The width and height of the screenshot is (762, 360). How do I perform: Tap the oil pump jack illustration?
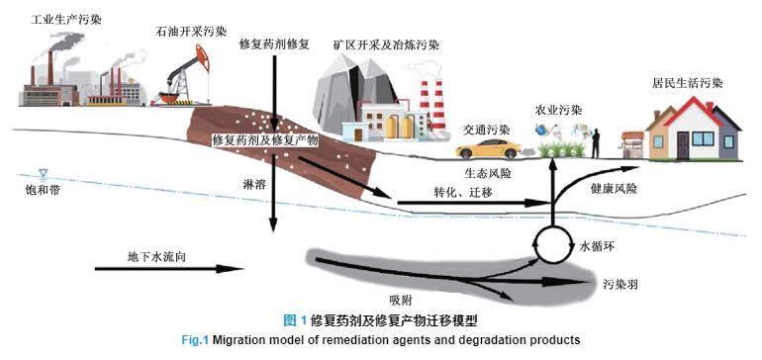181,78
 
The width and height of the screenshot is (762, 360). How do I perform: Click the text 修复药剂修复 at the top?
275,45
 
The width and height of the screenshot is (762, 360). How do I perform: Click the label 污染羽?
619,283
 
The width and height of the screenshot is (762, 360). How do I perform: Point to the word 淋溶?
254,184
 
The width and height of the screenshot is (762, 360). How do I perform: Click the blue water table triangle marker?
43,171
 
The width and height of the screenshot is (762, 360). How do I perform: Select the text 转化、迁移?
463,190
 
